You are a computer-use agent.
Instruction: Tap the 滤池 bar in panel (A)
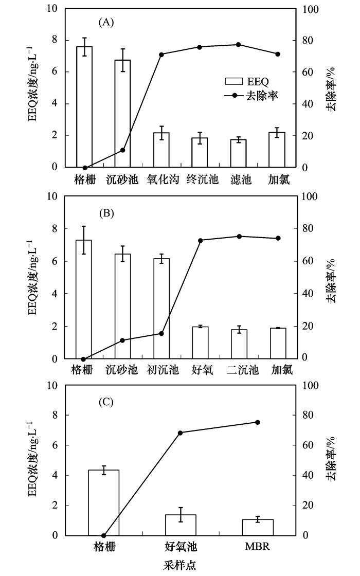(239, 153)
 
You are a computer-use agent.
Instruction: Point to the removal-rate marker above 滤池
(239, 45)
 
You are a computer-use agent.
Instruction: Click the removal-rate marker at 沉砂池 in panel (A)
(122, 150)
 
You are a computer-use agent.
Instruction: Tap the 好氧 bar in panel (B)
(200, 343)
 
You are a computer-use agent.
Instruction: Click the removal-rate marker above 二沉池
(239, 237)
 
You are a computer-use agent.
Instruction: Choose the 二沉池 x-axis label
(239, 370)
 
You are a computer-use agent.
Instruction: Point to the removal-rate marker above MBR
(258, 422)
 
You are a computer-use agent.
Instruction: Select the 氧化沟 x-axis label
(161, 179)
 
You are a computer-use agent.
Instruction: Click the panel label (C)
(105, 402)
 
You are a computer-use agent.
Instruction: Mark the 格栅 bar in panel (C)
(104, 502)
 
